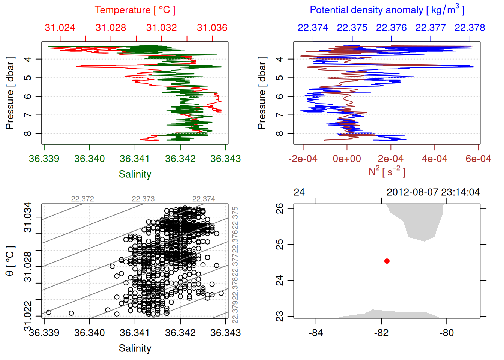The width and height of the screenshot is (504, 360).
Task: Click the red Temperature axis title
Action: coord(135,10)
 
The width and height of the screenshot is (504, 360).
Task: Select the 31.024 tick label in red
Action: coord(60,28)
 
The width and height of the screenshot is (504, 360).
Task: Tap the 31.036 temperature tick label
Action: coord(212,28)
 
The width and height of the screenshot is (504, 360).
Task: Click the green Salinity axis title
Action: coord(135,174)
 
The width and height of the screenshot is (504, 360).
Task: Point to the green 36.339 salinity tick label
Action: coord(44,159)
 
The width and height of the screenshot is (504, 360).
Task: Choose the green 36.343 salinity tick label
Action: coord(226,159)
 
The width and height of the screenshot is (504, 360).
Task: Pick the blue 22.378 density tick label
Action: coord(470,28)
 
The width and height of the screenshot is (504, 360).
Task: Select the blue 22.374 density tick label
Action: coord(313,28)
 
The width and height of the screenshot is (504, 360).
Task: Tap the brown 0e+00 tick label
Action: coord(347,159)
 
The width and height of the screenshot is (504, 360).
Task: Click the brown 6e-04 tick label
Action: coord(478,159)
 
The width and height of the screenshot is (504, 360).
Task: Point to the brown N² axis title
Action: coord(387,171)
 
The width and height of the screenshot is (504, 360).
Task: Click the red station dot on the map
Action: coord(387,261)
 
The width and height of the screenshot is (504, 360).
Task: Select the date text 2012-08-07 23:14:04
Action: coord(433,192)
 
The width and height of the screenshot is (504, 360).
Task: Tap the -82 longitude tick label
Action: coord(381,333)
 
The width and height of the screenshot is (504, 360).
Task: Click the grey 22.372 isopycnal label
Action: coord(82,199)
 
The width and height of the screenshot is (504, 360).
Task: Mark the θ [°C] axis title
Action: coord(10,261)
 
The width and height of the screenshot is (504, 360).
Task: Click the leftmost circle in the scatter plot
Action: coord(48,312)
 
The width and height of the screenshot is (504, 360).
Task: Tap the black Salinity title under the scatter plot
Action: coord(135,348)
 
